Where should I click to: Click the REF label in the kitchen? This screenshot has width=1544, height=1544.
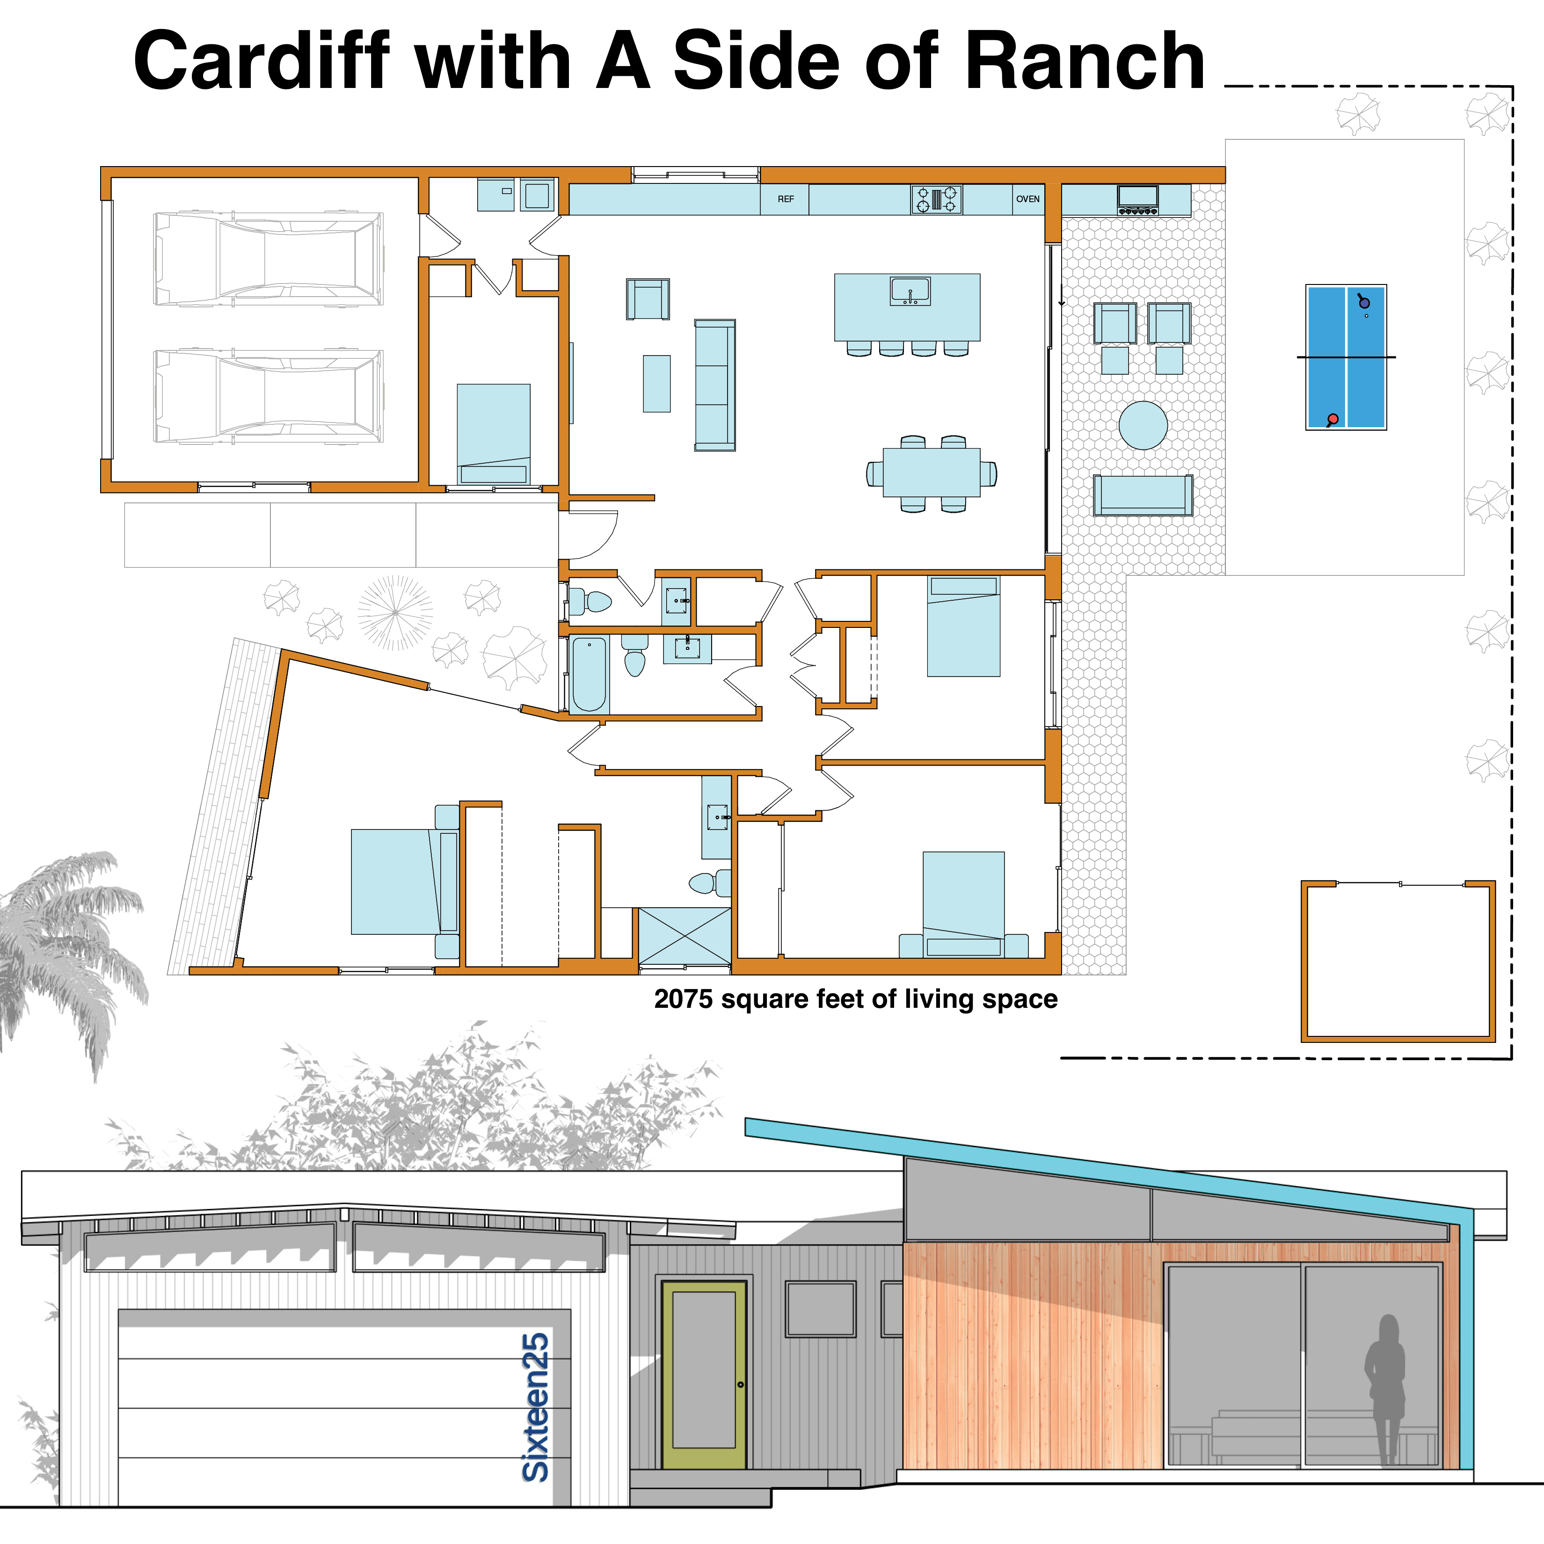[786, 199]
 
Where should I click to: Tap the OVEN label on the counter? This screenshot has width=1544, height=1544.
[1028, 199]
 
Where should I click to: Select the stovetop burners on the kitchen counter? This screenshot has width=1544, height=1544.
[937, 199]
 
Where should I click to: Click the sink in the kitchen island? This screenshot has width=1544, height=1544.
[910, 291]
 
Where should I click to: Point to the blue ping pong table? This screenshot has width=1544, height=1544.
[1346, 357]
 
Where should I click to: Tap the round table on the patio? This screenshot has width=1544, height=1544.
[1143, 425]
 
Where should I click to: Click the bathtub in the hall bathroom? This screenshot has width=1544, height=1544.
[589, 674]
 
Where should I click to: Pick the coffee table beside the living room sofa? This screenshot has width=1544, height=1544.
[657, 384]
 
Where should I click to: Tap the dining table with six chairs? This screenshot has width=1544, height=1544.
[932, 473]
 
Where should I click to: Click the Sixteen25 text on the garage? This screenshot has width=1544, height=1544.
[535, 1406]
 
